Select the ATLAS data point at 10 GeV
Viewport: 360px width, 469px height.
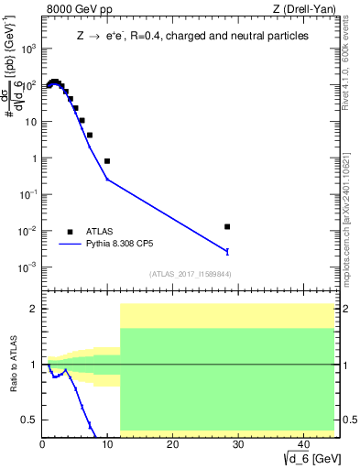[x=107, y=161]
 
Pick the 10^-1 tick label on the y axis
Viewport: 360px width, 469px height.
[x=29, y=194]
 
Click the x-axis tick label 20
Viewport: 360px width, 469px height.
[x=172, y=444]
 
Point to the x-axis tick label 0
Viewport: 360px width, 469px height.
[x=43, y=444]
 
